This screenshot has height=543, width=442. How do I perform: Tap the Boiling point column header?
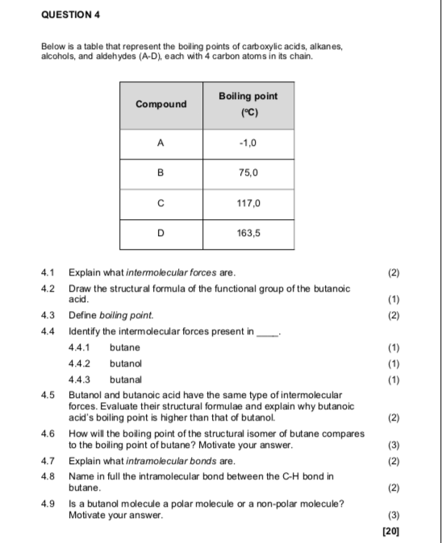[248, 104]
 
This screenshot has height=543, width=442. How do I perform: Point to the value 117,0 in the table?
[248, 204]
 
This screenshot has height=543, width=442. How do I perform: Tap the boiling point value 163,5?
[248, 234]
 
